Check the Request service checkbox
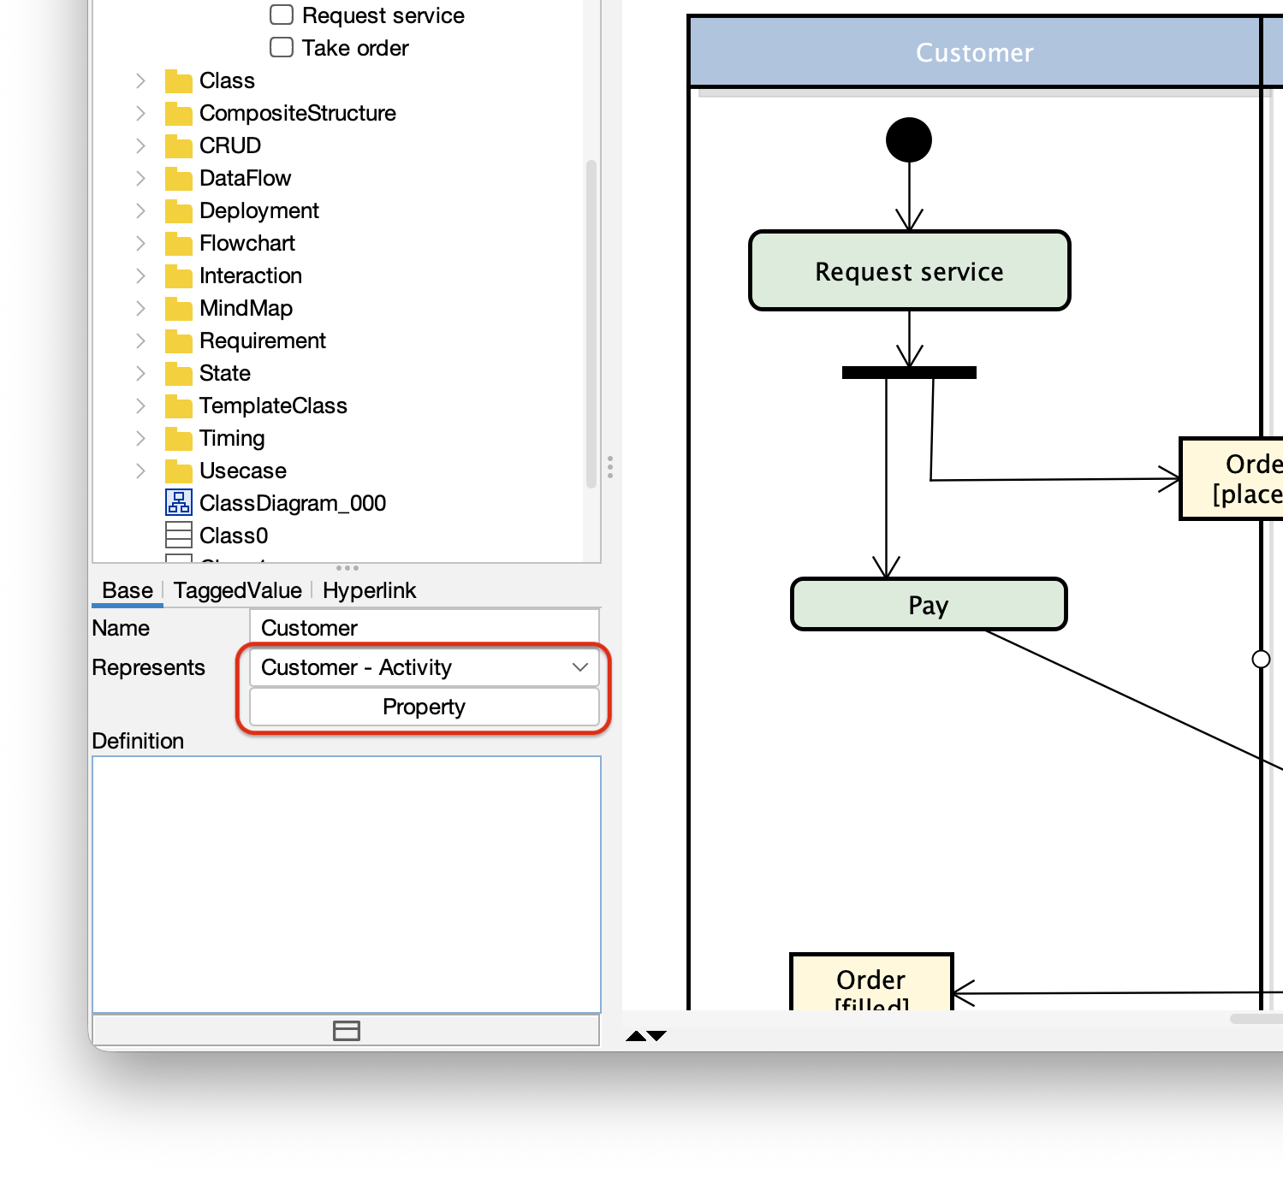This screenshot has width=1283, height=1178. click(x=282, y=15)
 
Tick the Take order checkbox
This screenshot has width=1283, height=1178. click(x=282, y=47)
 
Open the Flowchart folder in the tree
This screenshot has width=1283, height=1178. click(x=247, y=244)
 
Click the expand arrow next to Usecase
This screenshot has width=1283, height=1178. click(x=140, y=471)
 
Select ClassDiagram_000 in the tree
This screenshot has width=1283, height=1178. click(x=292, y=503)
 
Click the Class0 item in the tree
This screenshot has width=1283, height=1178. click(x=233, y=536)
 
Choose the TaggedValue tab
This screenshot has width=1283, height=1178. click(x=237, y=590)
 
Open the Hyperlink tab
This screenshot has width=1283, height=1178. click(x=369, y=590)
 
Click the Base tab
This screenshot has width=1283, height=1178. click(x=127, y=590)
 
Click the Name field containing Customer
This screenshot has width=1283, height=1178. click(x=424, y=628)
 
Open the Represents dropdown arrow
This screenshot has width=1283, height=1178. click(x=580, y=667)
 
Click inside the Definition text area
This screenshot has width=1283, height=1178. click(x=347, y=884)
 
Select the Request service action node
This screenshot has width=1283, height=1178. click(x=909, y=271)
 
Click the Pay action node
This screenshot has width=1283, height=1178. click(x=928, y=605)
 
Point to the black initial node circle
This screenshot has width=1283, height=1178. click(x=908, y=140)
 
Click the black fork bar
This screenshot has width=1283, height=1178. click(x=909, y=372)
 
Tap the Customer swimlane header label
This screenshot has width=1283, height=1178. click(x=974, y=53)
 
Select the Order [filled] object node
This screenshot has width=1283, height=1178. click(x=870, y=984)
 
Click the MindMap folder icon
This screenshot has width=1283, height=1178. click(x=178, y=308)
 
